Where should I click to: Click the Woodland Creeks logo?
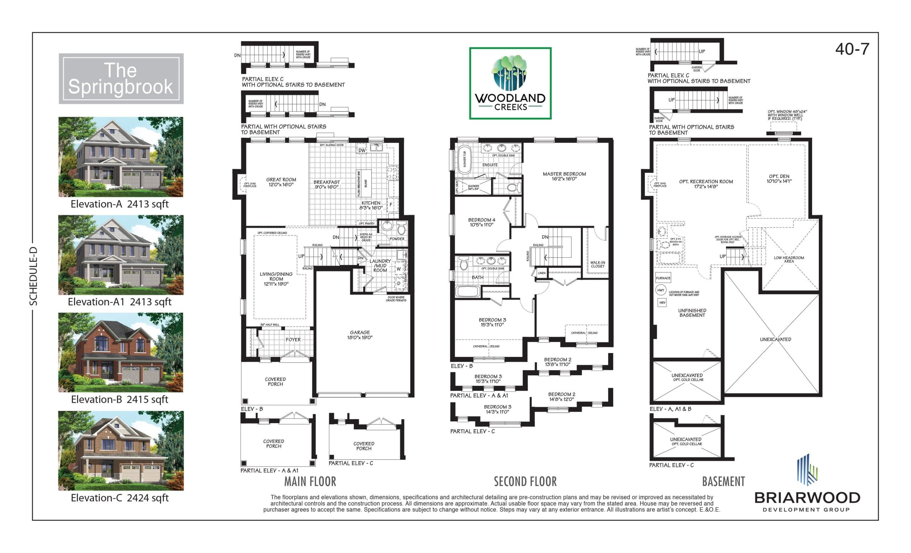[x=510, y=83]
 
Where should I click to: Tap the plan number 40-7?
[x=852, y=49]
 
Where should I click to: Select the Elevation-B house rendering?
[x=121, y=352]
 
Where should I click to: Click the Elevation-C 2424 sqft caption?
[x=120, y=498]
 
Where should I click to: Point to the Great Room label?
[x=281, y=182]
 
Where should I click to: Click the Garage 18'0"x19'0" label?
[x=360, y=335]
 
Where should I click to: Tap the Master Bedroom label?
[x=564, y=176]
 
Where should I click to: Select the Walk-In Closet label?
[x=597, y=264]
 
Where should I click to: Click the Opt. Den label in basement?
[x=779, y=179]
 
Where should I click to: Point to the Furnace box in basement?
[x=663, y=278]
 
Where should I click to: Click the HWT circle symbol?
[x=661, y=290]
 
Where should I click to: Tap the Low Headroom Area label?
[x=789, y=259]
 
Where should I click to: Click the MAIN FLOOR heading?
[x=310, y=481]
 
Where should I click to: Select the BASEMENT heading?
[x=723, y=481]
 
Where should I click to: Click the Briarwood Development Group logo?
[x=807, y=484]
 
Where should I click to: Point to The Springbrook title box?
[x=121, y=79]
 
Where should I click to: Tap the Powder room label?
[x=397, y=239]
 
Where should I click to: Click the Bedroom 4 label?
[x=481, y=222]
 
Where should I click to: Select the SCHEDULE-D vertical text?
[x=34, y=276]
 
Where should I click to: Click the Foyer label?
[x=293, y=339]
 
